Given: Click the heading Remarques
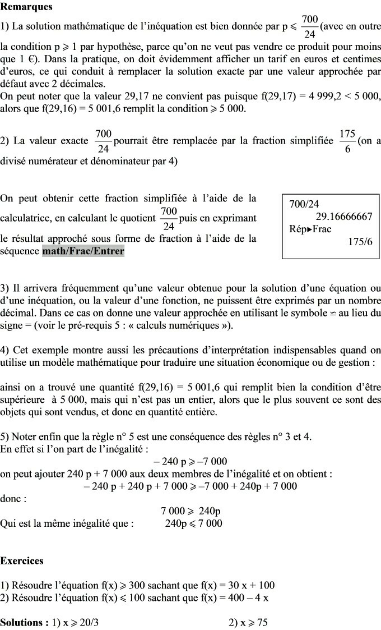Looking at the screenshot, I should [x=26, y=7].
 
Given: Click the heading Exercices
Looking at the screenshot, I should [x=22, y=560].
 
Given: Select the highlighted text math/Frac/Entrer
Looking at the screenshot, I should [x=83, y=251].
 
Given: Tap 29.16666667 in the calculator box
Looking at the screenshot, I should [x=344, y=217].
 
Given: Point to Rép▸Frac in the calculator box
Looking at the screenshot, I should [x=310, y=229].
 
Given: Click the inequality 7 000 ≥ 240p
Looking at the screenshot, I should [x=190, y=511].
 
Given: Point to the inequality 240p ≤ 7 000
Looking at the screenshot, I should [x=193, y=523].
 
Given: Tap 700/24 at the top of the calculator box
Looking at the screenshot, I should [x=304, y=205].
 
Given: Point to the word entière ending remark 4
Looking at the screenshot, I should [x=201, y=412].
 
